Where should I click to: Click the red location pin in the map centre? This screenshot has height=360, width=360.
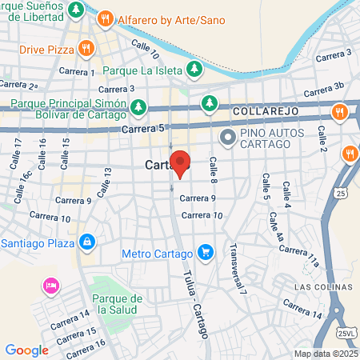pyautogui.click(x=180, y=162)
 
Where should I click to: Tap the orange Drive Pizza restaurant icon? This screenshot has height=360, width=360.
pyautogui.click(x=86, y=50)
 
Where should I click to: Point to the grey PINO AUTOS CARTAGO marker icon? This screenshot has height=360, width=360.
pyautogui.click(x=227, y=138)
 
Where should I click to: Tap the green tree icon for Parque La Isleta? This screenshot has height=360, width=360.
pyautogui.click(x=194, y=70)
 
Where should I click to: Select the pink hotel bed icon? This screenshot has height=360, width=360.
pyautogui.click(x=50, y=286)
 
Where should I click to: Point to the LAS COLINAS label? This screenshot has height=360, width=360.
pyautogui.click(x=322, y=286)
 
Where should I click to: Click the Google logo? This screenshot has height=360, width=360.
pyautogui.click(x=26, y=350)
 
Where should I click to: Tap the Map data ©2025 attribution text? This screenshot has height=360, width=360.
pyautogui.click(x=325, y=354)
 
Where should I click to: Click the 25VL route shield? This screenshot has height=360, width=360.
pyautogui.click(x=346, y=333)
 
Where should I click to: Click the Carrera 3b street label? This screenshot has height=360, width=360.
pyautogui.click(x=329, y=86)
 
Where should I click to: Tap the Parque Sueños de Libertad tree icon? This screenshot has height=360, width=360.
pyautogui.click(x=75, y=10)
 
